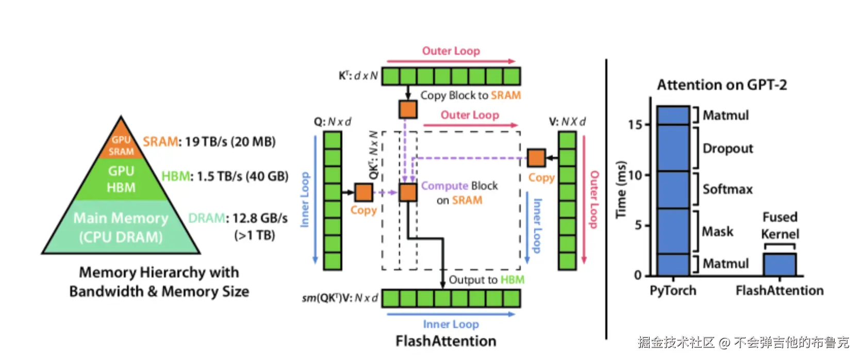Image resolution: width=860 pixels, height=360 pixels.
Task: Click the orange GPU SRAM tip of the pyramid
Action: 121,145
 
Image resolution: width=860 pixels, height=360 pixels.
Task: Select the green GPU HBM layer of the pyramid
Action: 121,179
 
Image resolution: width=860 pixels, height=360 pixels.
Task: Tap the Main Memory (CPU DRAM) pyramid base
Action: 121,227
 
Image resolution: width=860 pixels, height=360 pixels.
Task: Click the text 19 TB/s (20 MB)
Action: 230,141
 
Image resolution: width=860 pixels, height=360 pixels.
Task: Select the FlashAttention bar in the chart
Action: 779,264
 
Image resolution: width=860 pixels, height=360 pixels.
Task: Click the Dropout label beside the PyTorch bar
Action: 727,149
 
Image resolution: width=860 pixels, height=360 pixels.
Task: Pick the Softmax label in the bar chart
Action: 727,189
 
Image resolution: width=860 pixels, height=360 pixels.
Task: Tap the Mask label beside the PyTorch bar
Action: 718,232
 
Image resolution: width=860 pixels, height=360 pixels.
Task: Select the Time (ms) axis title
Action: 621,189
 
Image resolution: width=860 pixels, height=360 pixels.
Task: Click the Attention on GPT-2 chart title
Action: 722,85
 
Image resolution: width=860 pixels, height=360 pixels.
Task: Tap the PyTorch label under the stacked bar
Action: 673,291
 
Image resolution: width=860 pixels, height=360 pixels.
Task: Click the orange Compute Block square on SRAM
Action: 408,192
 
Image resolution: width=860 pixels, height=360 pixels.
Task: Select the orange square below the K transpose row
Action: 408,109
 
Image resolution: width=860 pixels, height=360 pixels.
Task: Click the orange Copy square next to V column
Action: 536,158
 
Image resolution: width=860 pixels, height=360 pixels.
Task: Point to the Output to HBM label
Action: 486,280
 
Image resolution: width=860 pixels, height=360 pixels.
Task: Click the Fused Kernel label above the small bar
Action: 780,225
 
